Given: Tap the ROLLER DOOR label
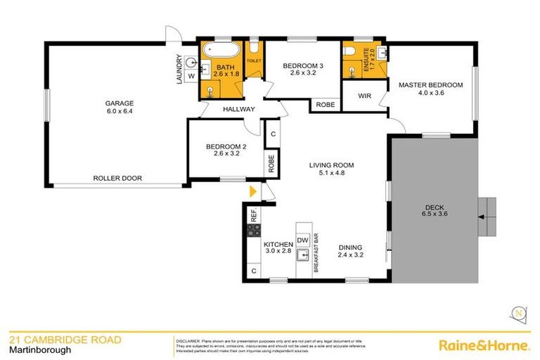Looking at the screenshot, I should pos(117,179).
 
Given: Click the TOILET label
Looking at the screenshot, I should pos(253,61).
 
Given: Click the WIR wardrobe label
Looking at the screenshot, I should pos(364,95).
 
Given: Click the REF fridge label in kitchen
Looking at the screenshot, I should pos(254,214).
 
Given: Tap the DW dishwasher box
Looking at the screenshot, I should pos(303,240).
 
